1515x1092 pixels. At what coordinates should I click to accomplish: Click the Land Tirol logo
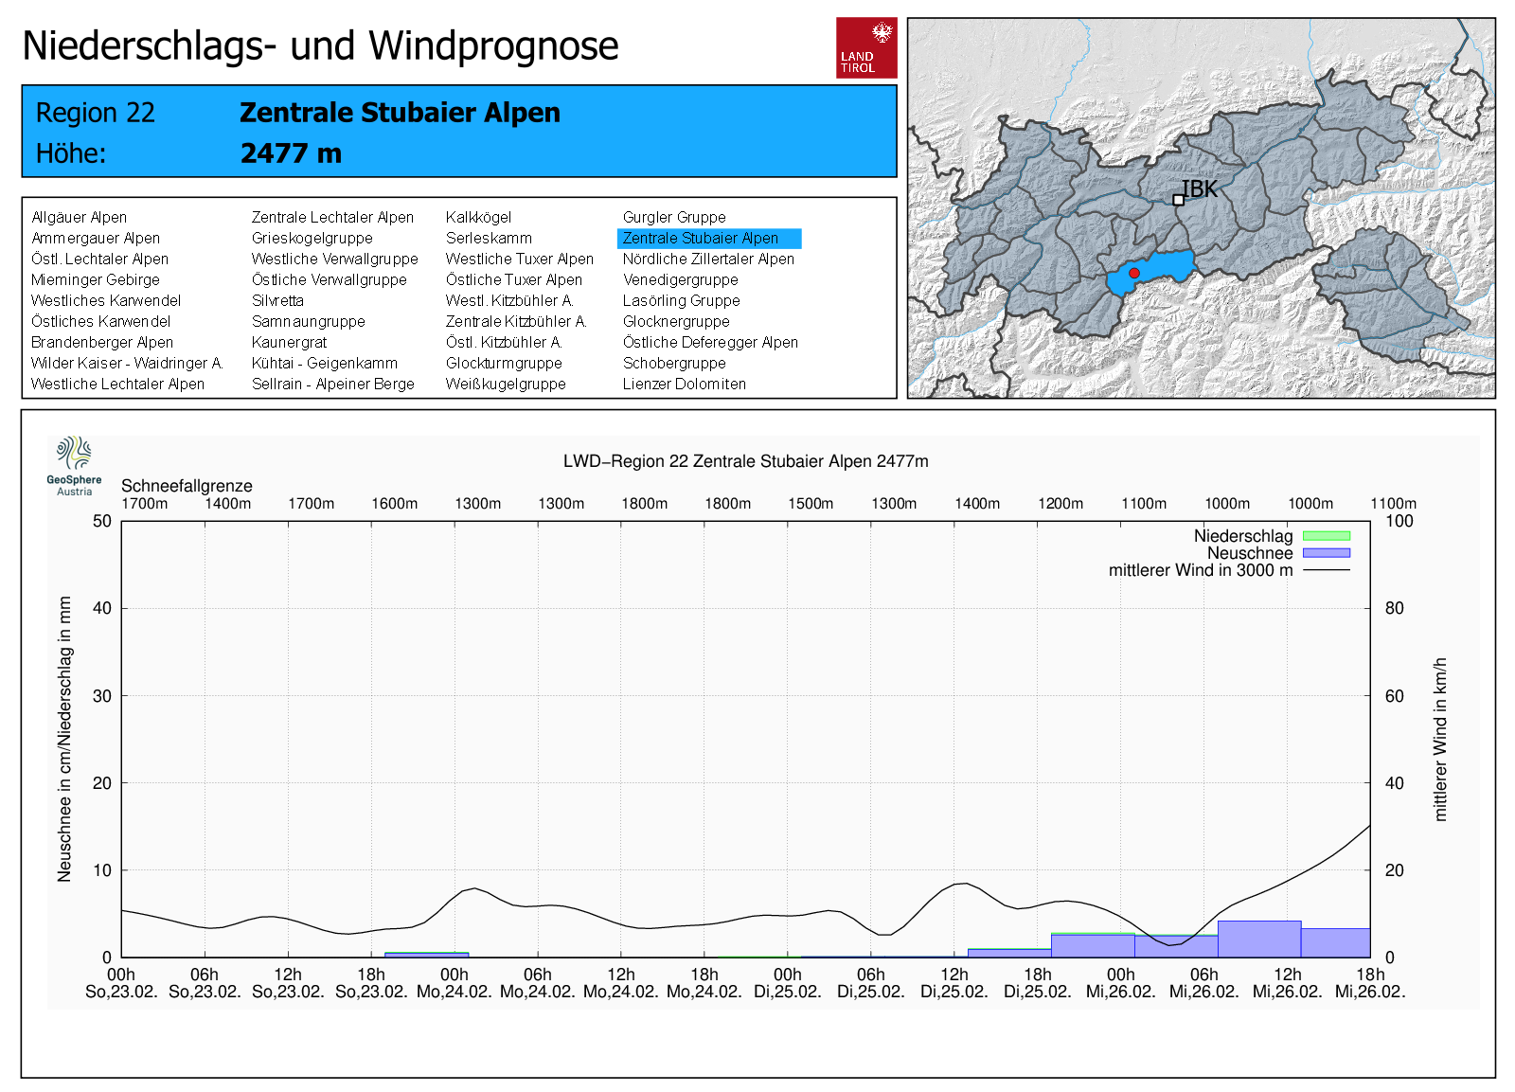coord(866,47)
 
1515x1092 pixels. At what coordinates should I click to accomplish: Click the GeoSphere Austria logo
coord(74,464)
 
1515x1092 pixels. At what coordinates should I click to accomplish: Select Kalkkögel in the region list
coord(478,218)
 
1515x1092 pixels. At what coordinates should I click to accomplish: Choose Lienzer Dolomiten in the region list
coord(684,385)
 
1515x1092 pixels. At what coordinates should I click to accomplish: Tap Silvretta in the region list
coord(277,301)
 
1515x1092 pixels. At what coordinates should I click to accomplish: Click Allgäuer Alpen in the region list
coord(79,218)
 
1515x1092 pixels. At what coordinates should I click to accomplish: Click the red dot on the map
coord(1134,273)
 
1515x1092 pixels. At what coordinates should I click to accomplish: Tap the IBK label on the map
coord(1200,189)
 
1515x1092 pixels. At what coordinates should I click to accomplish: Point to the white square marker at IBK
coord(1178,200)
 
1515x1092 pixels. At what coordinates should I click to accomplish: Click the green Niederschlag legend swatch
coord(1326,536)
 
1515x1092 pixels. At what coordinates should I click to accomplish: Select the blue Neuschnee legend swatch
coord(1326,553)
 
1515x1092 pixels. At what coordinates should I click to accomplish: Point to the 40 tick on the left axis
coord(102,608)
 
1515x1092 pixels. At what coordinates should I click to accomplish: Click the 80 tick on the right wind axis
coord(1394,608)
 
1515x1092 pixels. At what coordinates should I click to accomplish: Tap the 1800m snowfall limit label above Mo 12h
coord(645,504)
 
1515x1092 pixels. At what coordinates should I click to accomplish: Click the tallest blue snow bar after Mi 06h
coord(1258,939)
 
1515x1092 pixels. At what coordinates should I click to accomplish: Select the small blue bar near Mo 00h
coord(426,955)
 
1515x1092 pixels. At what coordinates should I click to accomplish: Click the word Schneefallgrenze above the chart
coord(187,486)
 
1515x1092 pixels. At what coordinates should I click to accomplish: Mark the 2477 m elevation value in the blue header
coord(291,153)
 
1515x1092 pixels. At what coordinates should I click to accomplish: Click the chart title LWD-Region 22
coord(745,461)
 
